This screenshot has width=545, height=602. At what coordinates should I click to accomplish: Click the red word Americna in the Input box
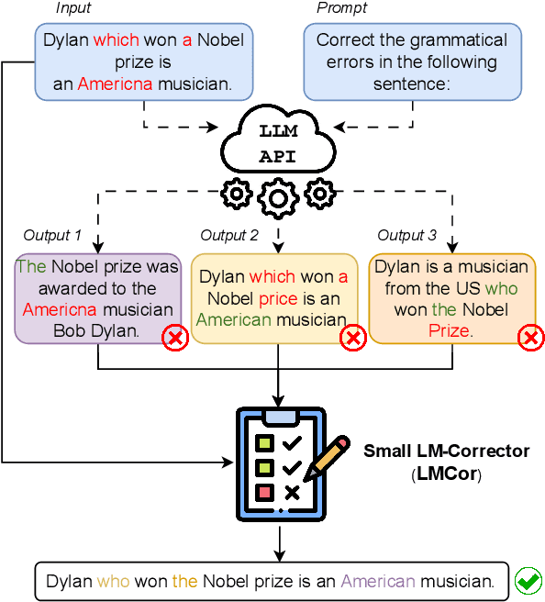coord(115,84)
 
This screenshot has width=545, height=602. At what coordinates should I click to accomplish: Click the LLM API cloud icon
coord(278,142)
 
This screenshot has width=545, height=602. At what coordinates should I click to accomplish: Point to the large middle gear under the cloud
coord(278,197)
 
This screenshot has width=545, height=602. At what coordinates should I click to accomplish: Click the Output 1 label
coord(53,236)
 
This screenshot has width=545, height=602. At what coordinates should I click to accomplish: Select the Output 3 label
coord(406,236)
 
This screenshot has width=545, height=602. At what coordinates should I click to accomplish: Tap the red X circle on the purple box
coord(174,339)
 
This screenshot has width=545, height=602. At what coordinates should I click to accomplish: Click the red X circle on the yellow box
coord(352,339)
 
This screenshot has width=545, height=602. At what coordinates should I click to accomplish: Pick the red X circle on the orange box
coord(529,339)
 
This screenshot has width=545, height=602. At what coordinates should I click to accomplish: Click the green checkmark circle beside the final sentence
coord(527,581)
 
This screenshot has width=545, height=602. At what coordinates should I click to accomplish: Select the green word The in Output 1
coord(31,267)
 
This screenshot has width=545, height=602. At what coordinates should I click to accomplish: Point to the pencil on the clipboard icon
coord(327,458)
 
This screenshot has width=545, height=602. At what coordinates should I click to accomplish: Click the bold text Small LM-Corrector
coord(446,451)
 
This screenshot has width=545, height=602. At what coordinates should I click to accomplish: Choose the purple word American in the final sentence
coord(378,581)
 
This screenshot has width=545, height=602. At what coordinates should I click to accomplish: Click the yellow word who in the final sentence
coord(114,581)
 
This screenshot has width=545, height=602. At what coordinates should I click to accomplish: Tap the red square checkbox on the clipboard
coord(265,493)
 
